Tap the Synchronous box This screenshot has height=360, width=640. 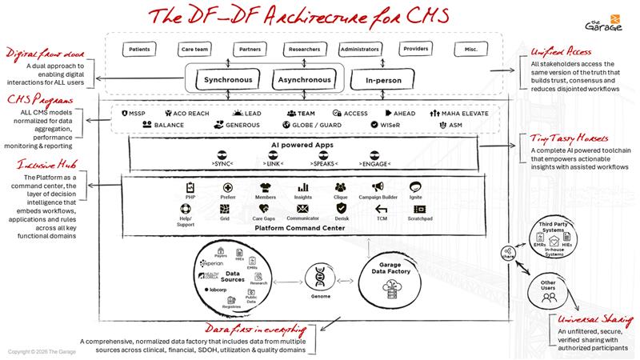(227, 81)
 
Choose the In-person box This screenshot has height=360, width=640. (387, 81)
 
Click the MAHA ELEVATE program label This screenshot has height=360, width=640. (465, 114)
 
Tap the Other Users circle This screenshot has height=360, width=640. (549, 291)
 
